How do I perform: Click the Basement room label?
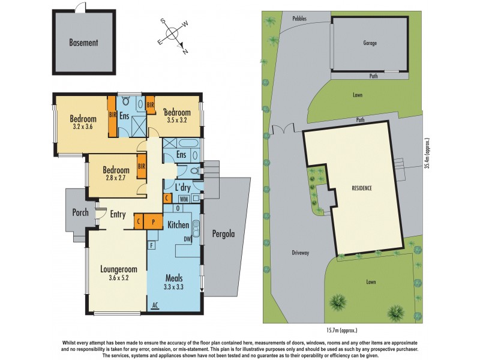(x=83, y=43)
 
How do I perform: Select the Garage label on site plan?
(x=370, y=43)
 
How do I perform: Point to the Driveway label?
(x=301, y=253)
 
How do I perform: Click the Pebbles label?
(x=299, y=19)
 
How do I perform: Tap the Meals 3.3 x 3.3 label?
(x=175, y=282)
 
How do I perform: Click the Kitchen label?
(x=178, y=224)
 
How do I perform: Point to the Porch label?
(x=80, y=212)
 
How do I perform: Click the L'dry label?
(x=182, y=187)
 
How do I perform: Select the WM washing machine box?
(x=184, y=198)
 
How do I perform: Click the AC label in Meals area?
(x=155, y=305)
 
